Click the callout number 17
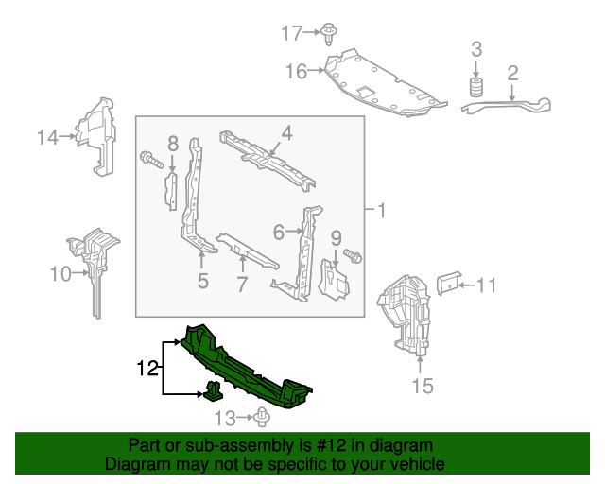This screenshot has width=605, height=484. [291, 33]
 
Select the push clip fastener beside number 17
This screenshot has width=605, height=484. [329, 33]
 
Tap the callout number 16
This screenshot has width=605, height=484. [296, 71]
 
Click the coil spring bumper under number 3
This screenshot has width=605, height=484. [476, 90]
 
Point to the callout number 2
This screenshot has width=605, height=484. [513, 72]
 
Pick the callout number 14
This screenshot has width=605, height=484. [47, 137]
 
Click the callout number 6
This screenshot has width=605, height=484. [279, 231]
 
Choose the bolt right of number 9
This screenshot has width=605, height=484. [354, 255]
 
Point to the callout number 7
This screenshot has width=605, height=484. [242, 283]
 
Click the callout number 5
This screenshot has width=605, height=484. [202, 280]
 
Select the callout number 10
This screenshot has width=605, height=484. [60, 274]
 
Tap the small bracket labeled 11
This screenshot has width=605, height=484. [448, 282]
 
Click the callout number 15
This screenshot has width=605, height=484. [421, 385]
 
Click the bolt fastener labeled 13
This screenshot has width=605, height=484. [262, 416]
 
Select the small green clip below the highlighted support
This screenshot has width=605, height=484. [214, 389]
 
